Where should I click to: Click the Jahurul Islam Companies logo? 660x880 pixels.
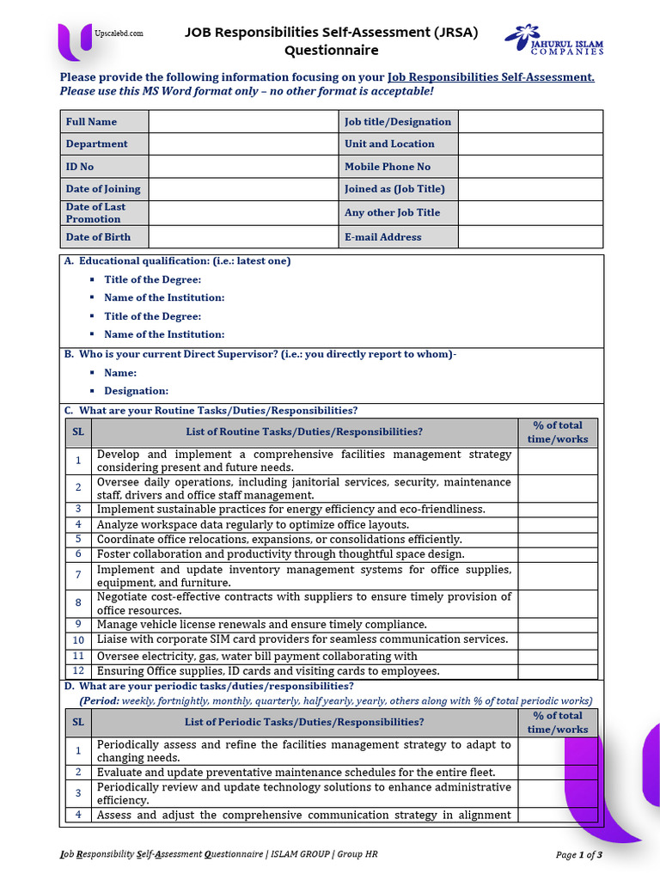pos(554,40)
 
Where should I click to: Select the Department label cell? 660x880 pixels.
pos(104,144)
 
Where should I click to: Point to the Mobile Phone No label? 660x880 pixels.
pos(388,167)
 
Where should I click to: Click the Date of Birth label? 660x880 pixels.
pos(99,237)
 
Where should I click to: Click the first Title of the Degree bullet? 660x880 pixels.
pos(152,279)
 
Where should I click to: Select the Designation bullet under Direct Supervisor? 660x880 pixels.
pos(136,391)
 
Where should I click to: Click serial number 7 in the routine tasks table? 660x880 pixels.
pos(77,575)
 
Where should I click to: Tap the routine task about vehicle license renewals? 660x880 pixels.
pos(261,625)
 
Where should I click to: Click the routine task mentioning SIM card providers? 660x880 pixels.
pos(302,639)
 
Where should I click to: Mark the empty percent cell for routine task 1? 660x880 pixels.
pos(557,461)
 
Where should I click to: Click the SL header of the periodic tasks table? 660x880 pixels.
pos(77,722)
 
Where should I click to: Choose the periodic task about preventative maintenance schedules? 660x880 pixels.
pos(296,773)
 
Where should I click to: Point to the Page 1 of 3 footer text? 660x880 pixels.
pos(578,855)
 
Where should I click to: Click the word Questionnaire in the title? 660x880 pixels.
pos(331,51)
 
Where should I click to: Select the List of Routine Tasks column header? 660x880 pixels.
pos(304,432)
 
